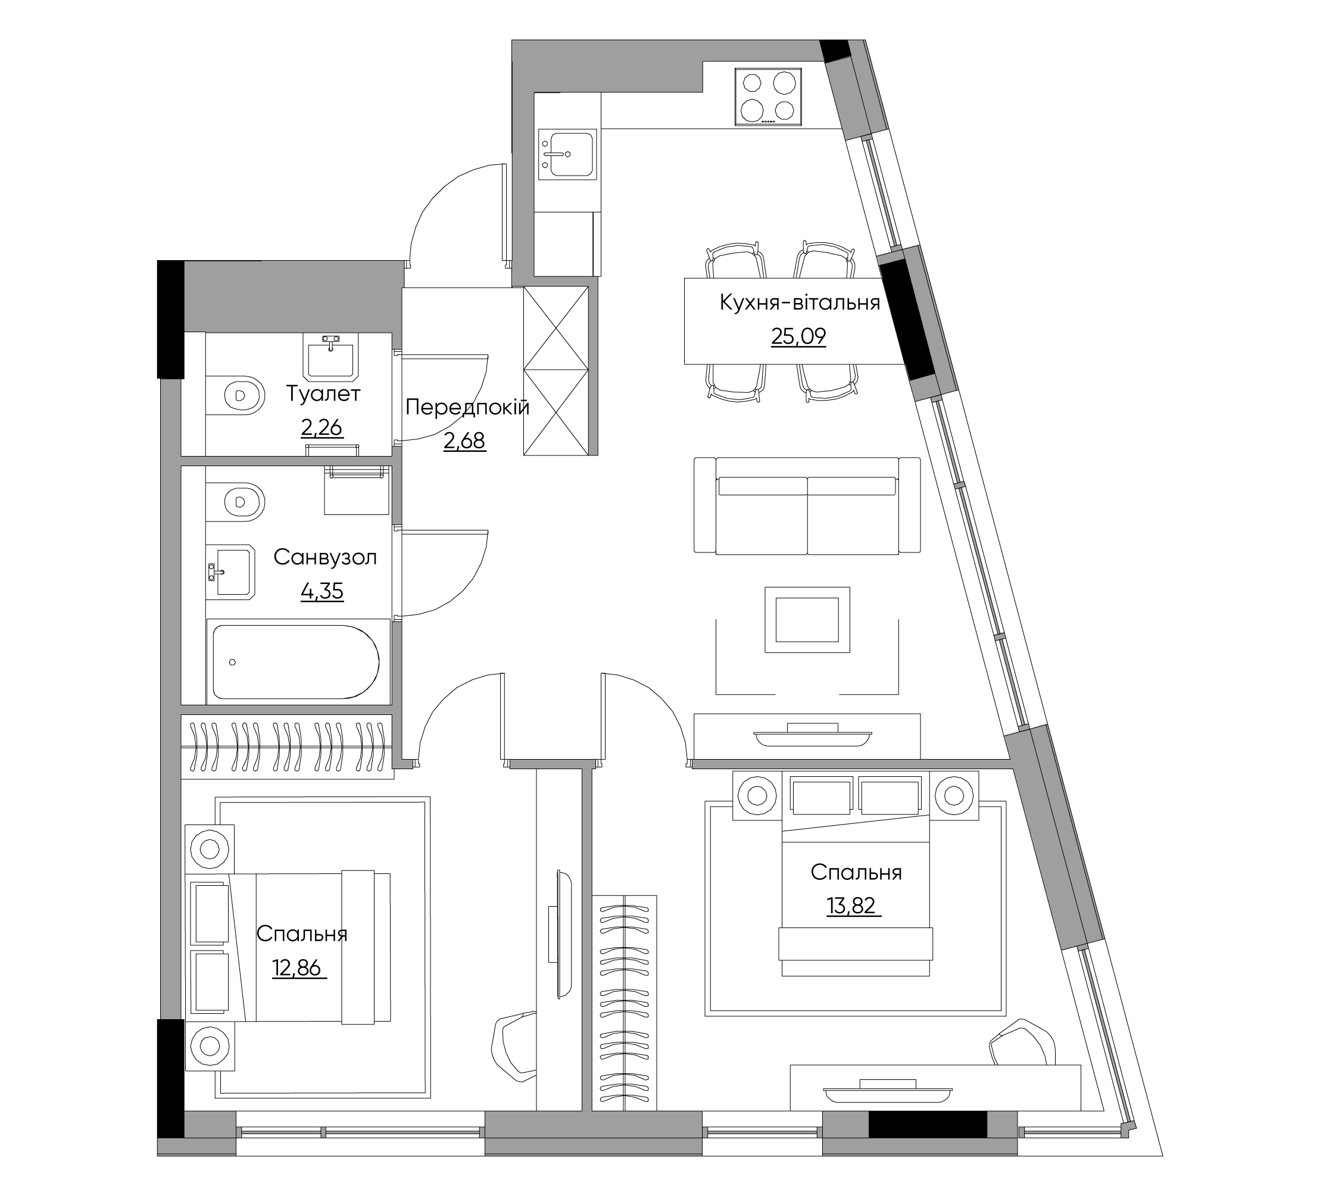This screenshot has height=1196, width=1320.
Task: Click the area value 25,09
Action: (798, 336)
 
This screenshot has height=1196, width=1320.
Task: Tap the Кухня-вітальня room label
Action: (800, 302)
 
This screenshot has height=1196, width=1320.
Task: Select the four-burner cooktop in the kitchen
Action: (768, 96)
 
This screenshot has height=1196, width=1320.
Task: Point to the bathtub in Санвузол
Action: (296, 662)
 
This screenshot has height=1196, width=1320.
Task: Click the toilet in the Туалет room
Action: (236, 395)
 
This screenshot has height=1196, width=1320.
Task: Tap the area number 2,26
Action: (322, 427)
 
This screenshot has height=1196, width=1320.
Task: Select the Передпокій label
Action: (467, 407)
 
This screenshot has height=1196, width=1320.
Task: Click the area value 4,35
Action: (322, 591)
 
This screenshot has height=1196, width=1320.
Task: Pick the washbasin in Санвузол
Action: (230, 572)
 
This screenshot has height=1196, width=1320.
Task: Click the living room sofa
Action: (807, 505)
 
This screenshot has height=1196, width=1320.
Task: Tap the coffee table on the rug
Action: (807, 619)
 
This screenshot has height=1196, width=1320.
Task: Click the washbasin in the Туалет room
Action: (331, 356)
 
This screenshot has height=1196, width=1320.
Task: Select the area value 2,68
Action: (464, 441)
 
